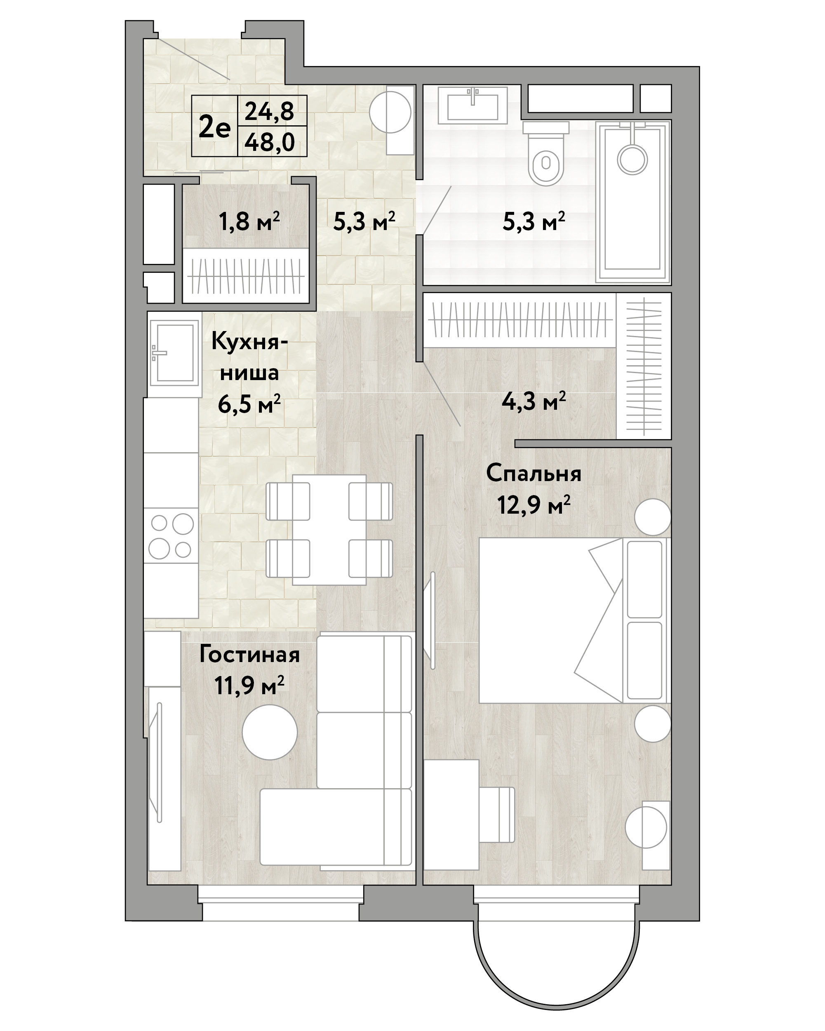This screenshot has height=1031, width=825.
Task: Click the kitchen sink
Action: pos(174,352)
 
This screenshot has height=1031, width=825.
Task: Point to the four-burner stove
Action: pos(171,535)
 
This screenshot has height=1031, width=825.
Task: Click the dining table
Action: pos(329,529)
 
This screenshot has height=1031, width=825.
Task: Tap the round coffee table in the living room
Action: pos(270,732)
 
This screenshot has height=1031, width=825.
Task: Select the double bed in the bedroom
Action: pos(574,620)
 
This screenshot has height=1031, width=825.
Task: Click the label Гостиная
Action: pos(249,655)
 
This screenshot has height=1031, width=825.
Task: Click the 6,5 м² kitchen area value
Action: pos(249,405)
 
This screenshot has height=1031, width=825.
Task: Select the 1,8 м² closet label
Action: pos(249,221)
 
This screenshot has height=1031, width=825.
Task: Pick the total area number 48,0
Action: pos(270,141)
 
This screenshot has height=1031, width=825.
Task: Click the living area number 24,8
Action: pos(270,111)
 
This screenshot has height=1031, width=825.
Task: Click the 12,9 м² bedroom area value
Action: pos(534,504)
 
